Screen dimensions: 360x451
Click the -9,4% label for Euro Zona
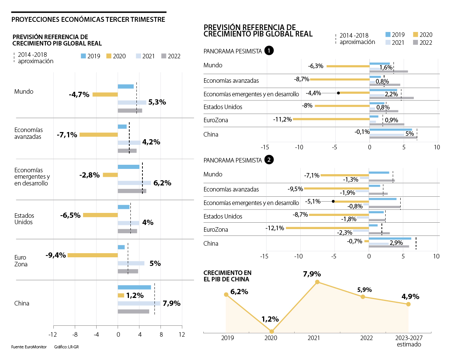click(56, 255)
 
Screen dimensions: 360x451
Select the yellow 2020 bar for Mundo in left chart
click(105, 94)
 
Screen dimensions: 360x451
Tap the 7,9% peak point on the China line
click(317, 282)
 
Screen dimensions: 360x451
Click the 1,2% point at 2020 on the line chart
click(272, 331)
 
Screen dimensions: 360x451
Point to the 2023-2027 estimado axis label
click(409, 341)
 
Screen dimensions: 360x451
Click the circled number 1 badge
click(269, 51)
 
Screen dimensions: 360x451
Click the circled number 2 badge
click(269, 160)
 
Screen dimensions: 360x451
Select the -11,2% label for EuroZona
click(282, 119)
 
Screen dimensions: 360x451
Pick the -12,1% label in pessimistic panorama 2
click(275, 228)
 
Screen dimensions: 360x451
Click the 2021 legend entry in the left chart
click(145, 56)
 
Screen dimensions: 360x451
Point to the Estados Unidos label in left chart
click(24, 219)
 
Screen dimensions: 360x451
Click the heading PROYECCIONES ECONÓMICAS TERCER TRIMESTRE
click(88, 19)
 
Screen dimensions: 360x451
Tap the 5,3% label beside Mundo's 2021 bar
click(157, 102)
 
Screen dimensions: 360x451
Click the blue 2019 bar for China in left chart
click(134, 287)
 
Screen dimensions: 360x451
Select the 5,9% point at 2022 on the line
click(363, 297)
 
